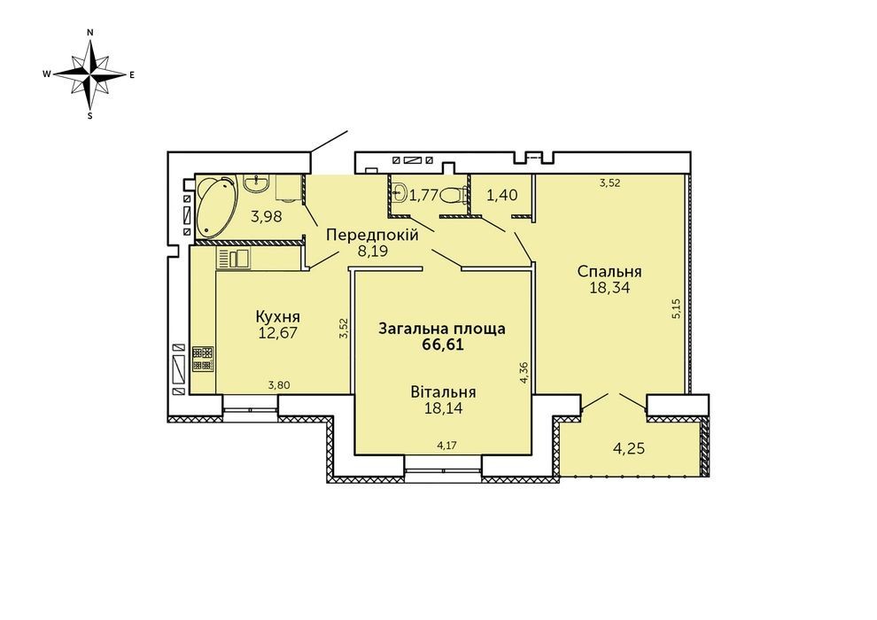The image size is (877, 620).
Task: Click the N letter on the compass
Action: (x=90, y=33)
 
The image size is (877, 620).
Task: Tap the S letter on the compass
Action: (x=90, y=116)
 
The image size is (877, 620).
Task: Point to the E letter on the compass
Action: (x=132, y=74)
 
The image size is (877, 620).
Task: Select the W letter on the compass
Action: (x=48, y=74)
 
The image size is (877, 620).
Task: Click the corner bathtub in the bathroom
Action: (x=214, y=207)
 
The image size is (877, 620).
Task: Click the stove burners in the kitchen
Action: (x=203, y=359)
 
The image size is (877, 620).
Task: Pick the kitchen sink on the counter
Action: (x=234, y=259)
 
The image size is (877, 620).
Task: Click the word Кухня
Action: (x=277, y=317)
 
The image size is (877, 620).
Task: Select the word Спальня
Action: (x=609, y=272)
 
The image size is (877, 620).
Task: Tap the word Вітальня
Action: (x=443, y=391)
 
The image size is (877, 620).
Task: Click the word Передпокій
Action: (x=372, y=236)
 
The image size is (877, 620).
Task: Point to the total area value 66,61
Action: (x=442, y=345)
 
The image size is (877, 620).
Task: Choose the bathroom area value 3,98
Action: (x=267, y=216)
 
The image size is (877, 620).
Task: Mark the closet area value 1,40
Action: (x=501, y=195)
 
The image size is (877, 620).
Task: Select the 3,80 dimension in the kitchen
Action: (x=278, y=384)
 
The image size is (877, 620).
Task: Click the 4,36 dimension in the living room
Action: (x=524, y=372)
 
